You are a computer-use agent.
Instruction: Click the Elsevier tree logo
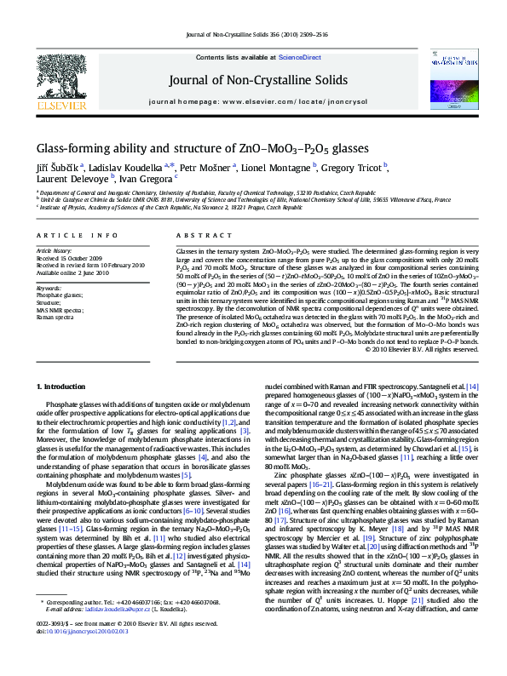point(60,77)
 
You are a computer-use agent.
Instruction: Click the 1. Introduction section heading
point(66,387)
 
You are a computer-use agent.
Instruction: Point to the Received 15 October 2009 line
point(68,258)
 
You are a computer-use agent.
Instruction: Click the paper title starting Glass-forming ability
point(203,146)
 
